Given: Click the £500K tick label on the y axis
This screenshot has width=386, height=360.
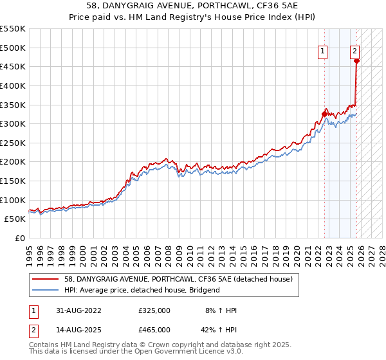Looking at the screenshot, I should pos(13,48).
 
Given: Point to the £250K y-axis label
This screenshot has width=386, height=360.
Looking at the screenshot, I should pos(13,143).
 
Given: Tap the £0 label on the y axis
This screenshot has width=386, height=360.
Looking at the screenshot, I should pos(20,238).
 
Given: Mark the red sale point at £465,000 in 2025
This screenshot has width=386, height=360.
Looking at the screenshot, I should pos(356,61).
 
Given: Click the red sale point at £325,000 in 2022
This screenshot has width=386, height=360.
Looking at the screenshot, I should pos(324,114).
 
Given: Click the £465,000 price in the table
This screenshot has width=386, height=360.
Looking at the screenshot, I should pos(154,329).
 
